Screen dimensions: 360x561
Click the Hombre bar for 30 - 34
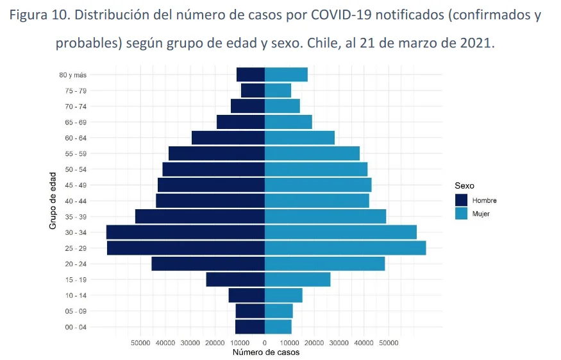coord(186,232)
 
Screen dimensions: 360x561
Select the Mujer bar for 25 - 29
coord(345,248)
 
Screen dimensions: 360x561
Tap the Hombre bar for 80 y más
coord(251,74)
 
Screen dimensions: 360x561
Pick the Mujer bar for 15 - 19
coord(297,279)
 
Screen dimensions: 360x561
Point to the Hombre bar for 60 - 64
coord(228,137)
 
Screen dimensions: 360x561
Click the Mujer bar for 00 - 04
coord(278,327)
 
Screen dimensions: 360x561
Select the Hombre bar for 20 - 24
coord(208,264)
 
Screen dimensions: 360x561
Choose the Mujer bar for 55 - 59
coord(312,153)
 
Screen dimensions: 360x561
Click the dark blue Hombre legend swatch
coord(462,200)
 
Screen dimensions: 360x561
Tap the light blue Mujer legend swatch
coord(462,214)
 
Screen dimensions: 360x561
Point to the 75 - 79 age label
coord(76,90)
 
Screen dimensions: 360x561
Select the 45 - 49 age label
coord(76,185)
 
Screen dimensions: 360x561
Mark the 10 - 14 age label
coord(76,295)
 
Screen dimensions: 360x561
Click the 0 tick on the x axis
coord(265,343)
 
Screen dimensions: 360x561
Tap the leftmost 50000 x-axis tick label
coord(141,343)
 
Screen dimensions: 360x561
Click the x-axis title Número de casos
coord(265,352)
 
